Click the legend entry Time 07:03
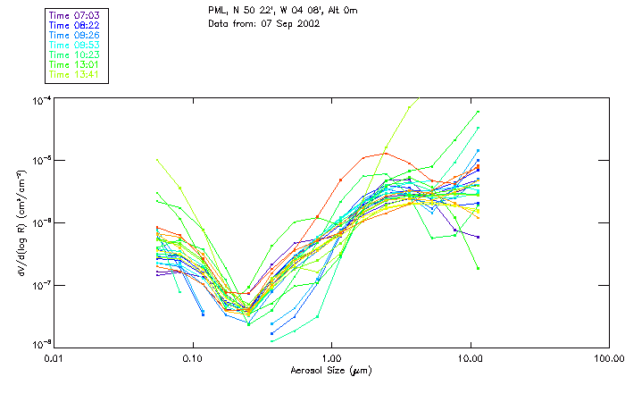coord(74,15)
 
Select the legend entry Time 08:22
coord(74,25)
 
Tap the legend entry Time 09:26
coord(74,35)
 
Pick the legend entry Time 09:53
coord(74,45)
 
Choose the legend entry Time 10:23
coord(74,54)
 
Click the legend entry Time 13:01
coord(74,64)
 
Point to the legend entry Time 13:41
coord(74,74)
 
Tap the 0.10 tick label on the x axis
coord(192,359)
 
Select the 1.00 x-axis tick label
coord(331,359)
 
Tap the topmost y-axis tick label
coord(41,99)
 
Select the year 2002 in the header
coord(308,22)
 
